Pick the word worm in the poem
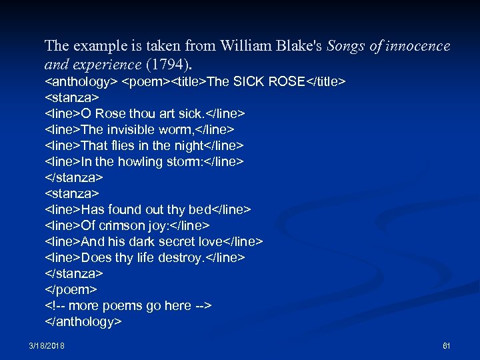pos(197,129)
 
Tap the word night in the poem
pos(188,145)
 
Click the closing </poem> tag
pos(71,289)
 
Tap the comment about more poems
pos(128,305)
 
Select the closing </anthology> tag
pos(83,321)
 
